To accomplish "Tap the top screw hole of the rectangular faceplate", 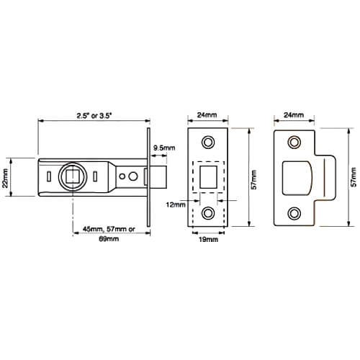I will tap(209, 142).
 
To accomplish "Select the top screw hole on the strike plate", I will tap(294, 143).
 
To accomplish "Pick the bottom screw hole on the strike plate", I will tap(294, 212).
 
